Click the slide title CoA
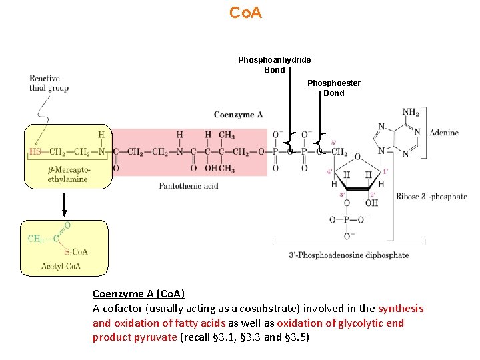[245, 13]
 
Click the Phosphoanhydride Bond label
[274, 65]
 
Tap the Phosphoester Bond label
[333, 88]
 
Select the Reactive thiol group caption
[49, 83]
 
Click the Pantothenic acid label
[189, 186]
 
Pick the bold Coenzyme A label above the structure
[238, 115]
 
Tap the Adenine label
[443, 133]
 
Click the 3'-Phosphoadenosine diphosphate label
[349, 255]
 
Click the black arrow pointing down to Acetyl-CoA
[64, 204]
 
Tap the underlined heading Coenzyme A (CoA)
[139, 294]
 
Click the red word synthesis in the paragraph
[401, 308]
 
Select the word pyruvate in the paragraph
[155, 337]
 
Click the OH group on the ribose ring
[371, 202]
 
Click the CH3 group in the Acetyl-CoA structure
[37, 239]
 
